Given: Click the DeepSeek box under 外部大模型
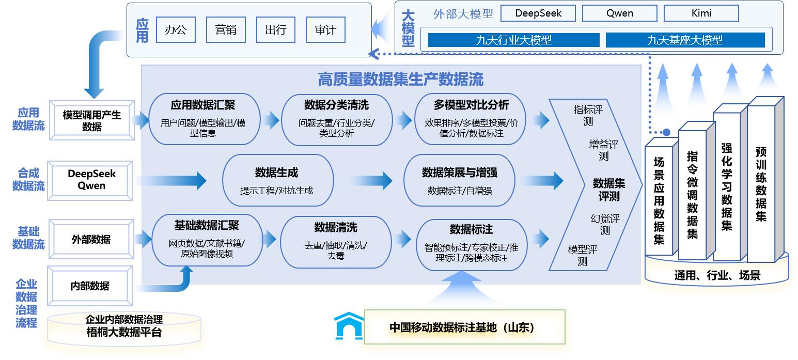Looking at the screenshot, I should (x=538, y=13).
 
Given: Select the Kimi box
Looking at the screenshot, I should (x=701, y=13).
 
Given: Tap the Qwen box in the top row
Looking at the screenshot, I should (x=619, y=13).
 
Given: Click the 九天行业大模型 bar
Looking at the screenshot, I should (x=513, y=40).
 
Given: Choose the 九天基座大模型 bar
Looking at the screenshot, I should (x=685, y=40).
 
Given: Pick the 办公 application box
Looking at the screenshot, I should (x=176, y=30).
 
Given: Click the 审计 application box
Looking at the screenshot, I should (x=325, y=30).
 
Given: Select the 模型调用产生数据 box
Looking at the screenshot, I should (x=92, y=120).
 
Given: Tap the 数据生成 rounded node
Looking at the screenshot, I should (x=277, y=180).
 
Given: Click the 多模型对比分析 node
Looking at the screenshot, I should (x=471, y=119).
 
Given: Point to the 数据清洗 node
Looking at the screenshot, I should (x=335, y=241).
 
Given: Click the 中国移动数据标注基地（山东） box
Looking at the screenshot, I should (x=464, y=327).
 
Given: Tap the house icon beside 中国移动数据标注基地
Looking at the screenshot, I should (x=349, y=326).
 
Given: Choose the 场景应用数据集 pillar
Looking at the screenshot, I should (x=659, y=199).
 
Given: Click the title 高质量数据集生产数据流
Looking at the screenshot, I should (x=400, y=79).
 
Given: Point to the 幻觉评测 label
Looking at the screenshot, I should (x=605, y=224).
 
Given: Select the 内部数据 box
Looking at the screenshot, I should (x=90, y=286).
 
